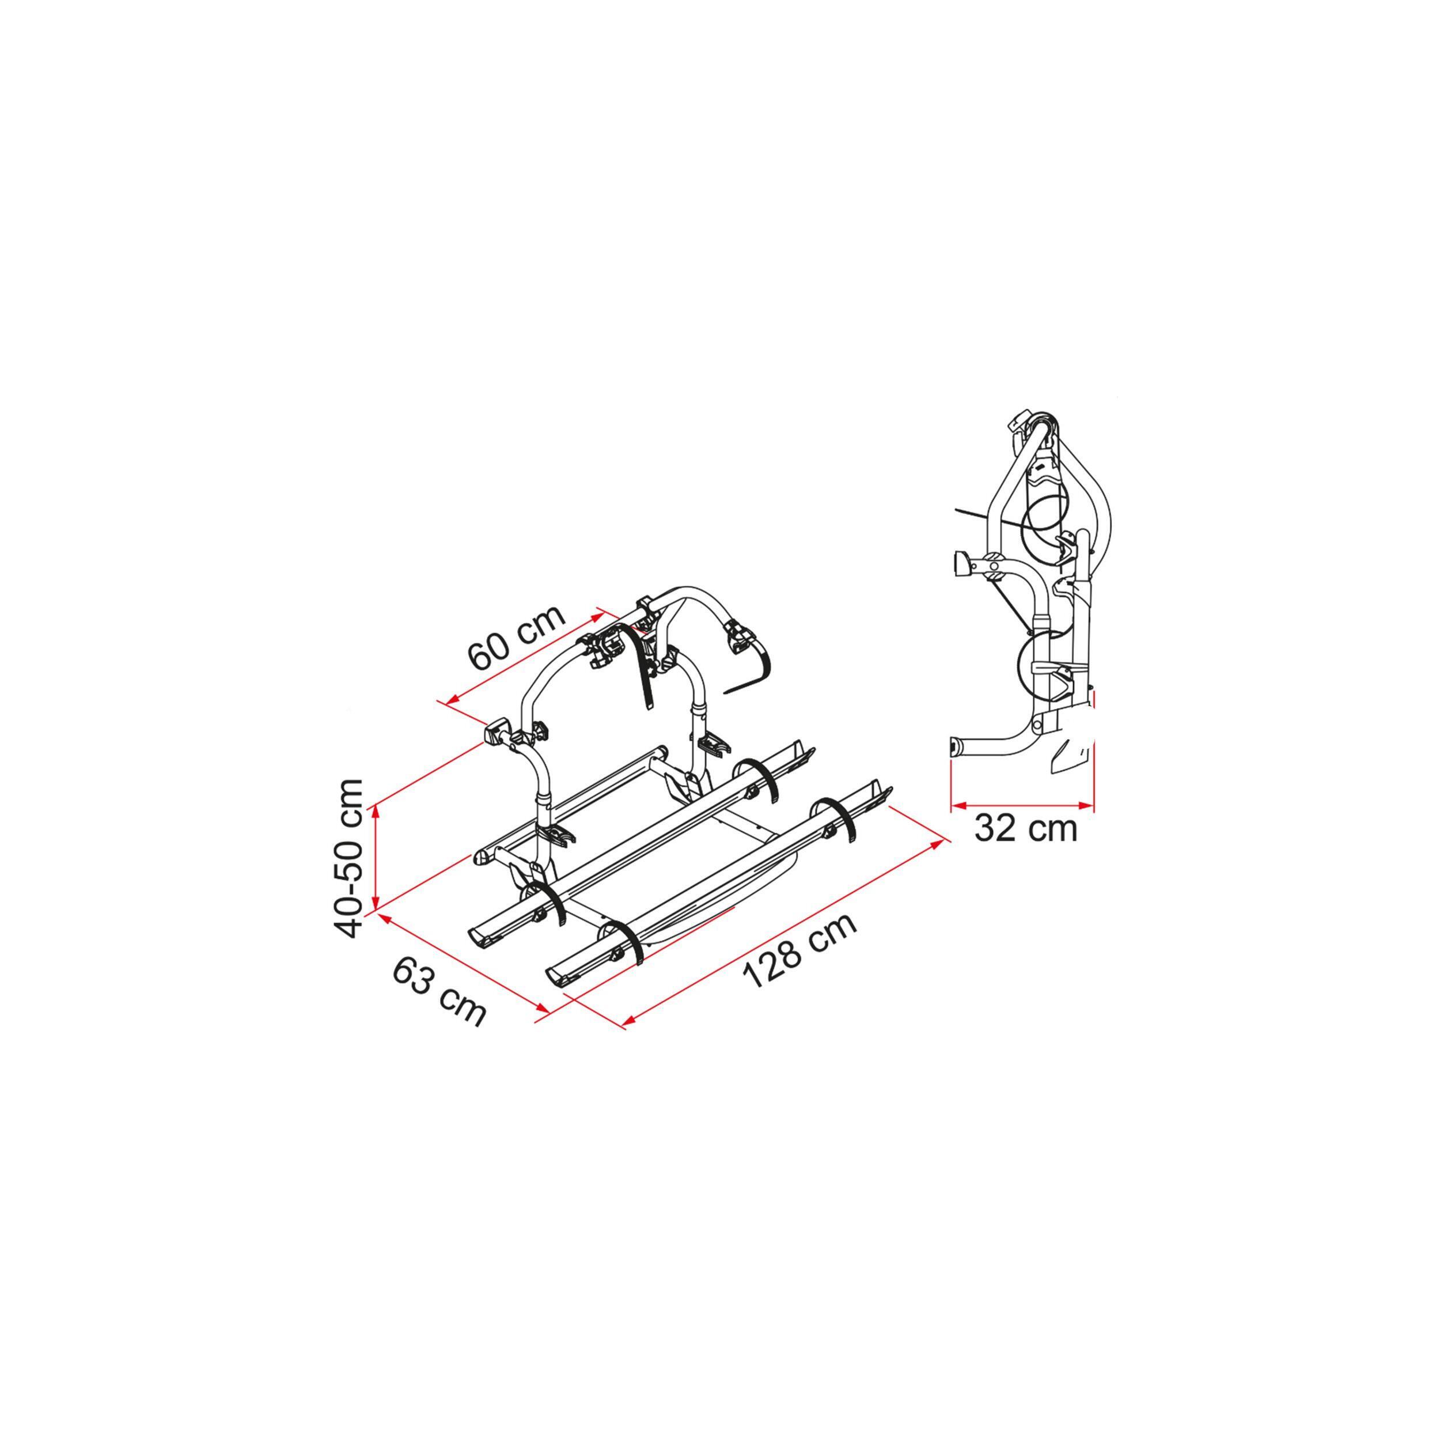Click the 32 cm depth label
click(x=1026, y=828)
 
